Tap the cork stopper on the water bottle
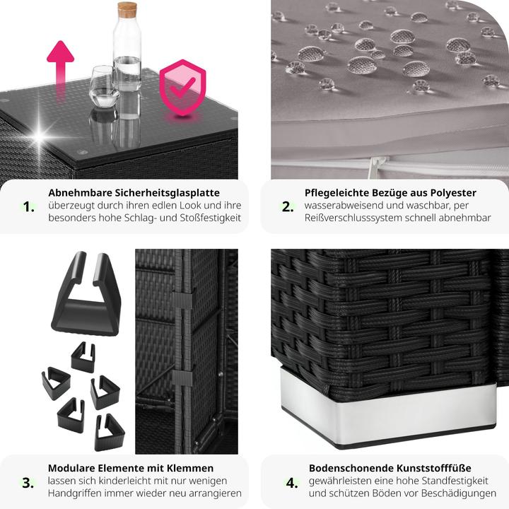tap(127, 10)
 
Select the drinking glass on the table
tap(104, 87)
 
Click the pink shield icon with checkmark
tap(182, 88)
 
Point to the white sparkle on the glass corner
tap(40, 135)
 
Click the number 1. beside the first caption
tap(28, 206)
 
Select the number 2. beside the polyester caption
tap(288, 206)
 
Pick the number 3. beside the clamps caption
tap(28, 483)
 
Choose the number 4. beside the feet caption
tap(292, 483)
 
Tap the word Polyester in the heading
tap(453, 193)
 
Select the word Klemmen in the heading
tap(190, 468)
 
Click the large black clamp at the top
tap(86, 294)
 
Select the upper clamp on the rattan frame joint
tap(182, 300)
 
